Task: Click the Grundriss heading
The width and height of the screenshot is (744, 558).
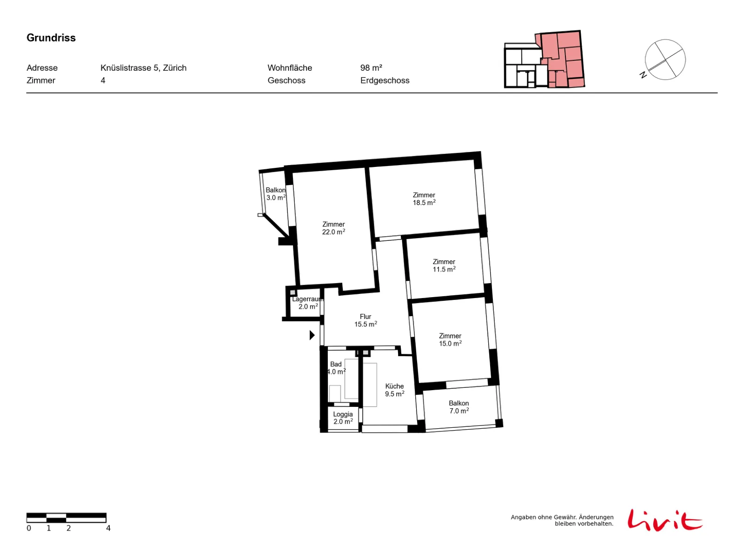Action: (x=51, y=38)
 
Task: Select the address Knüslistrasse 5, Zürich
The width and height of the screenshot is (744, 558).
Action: (x=143, y=68)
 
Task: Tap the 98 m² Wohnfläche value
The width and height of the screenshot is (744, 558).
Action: (x=371, y=68)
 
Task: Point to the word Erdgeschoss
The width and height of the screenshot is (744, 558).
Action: (x=384, y=80)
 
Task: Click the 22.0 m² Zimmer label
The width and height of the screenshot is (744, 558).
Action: (x=333, y=228)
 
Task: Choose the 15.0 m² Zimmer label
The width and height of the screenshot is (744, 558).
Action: (x=450, y=339)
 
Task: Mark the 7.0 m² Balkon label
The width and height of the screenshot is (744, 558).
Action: (x=458, y=406)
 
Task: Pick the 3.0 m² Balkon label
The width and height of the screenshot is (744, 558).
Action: (x=275, y=193)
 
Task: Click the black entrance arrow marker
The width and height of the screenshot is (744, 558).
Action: (x=312, y=335)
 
